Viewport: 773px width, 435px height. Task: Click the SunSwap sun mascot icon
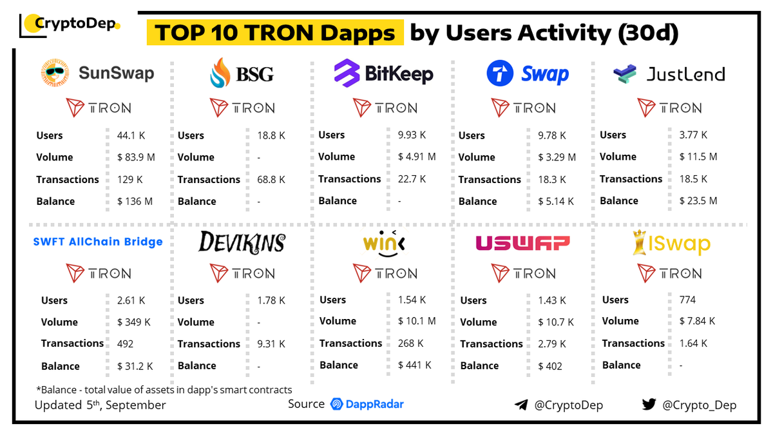[55, 73]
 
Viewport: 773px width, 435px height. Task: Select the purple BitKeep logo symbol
[347, 73]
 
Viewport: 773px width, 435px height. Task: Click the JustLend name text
[685, 74]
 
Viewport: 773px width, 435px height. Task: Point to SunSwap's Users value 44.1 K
[131, 135]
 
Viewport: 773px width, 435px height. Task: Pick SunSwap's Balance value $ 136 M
[135, 201]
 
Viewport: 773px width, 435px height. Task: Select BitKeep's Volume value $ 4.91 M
[416, 156]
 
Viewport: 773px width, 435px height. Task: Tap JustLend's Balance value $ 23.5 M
[698, 200]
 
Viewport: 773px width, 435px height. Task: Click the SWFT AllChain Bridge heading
[98, 242]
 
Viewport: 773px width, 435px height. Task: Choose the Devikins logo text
[242, 242]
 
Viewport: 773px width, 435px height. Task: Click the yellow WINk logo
[384, 244]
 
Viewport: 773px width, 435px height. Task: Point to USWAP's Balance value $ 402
[550, 366]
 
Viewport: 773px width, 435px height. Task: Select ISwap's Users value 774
[687, 300]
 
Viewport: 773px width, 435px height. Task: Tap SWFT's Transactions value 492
[125, 343]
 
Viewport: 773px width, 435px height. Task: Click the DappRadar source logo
[367, 404]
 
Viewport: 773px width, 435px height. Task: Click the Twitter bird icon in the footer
[648, 405]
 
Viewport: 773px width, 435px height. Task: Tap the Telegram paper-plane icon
[521, 405]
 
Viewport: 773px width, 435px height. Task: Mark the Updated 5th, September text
[100, 405]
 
